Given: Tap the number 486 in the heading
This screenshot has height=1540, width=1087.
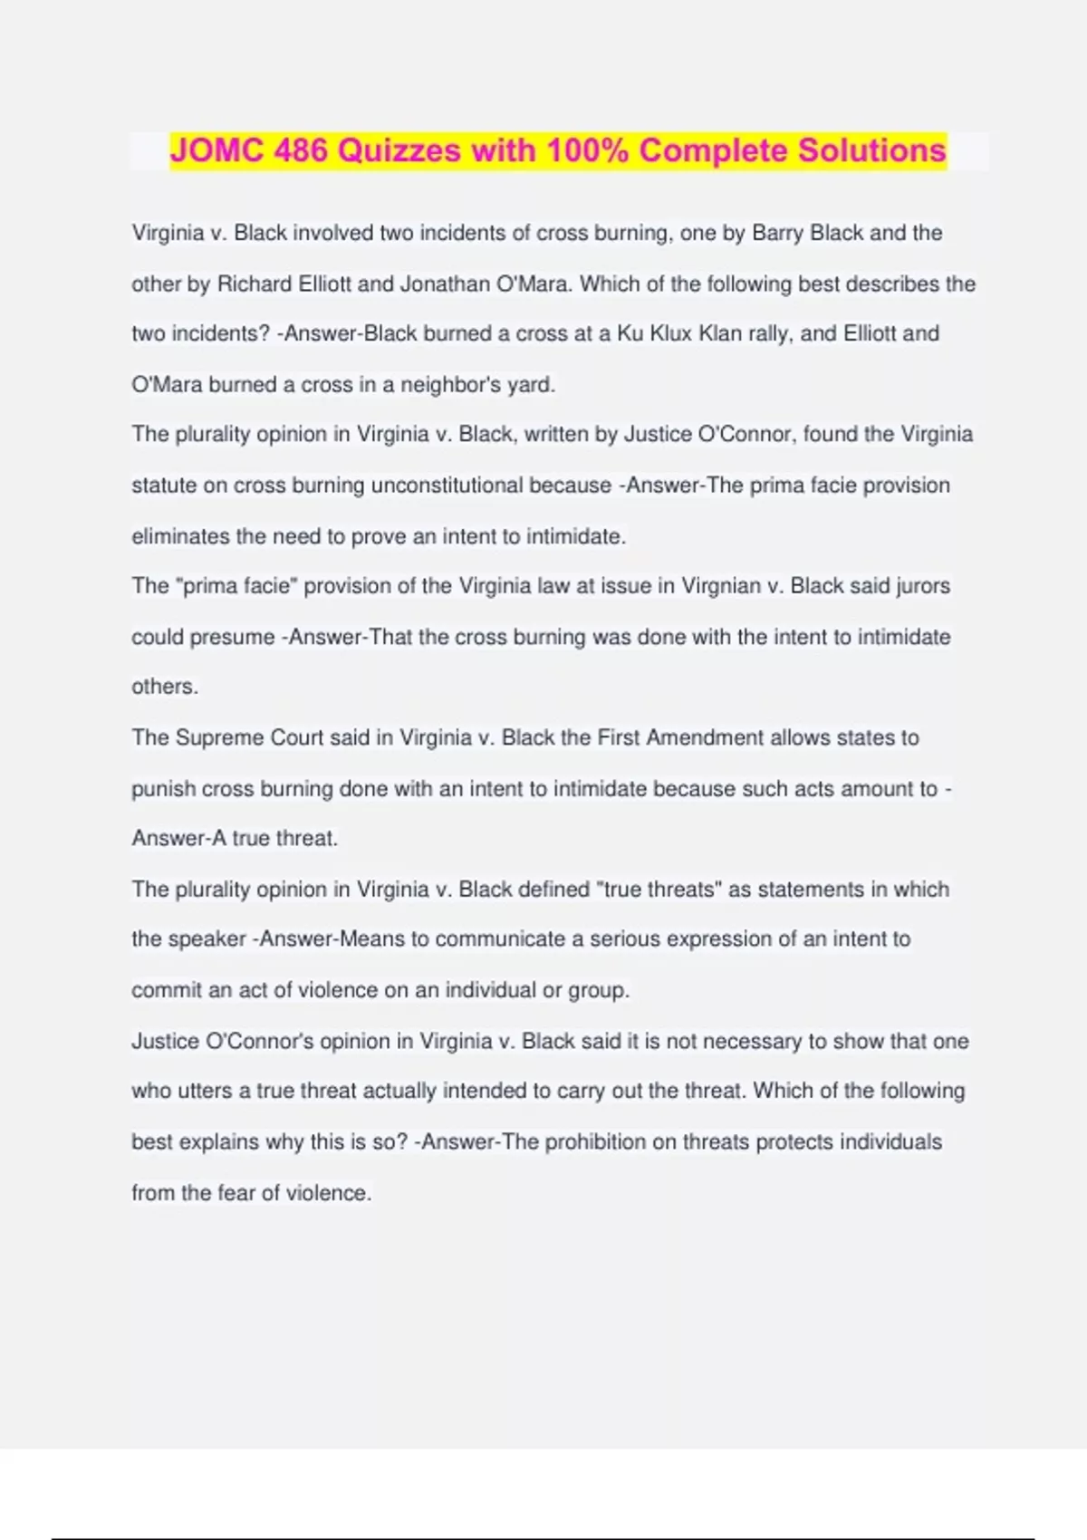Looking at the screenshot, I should (x=301, y=150).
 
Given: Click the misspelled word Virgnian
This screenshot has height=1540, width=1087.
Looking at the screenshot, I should (x=721, y=586).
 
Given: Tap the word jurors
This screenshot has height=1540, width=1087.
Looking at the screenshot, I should (x=923, y=586).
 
